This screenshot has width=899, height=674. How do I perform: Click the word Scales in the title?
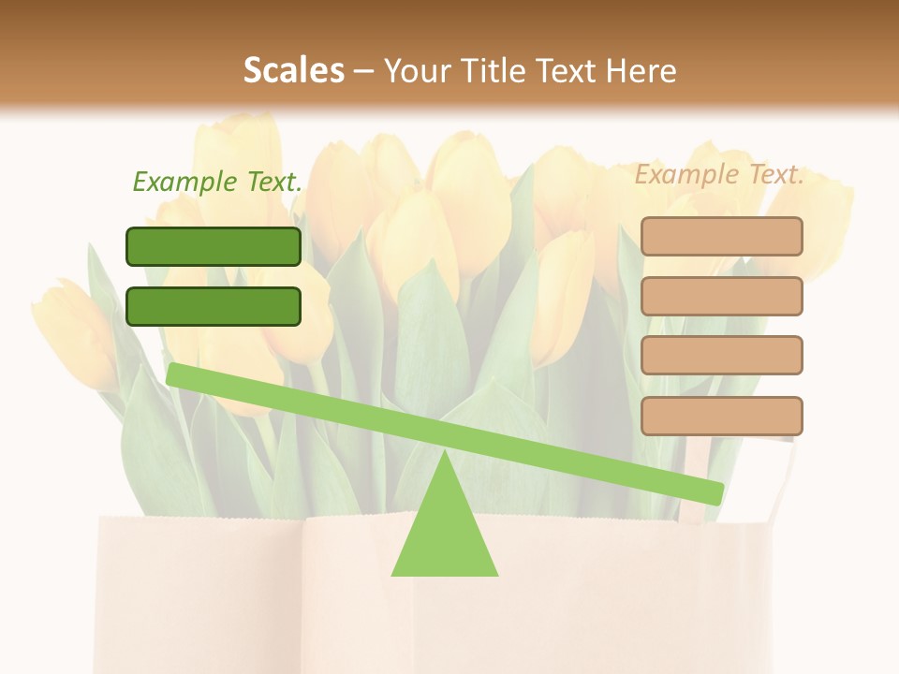293,70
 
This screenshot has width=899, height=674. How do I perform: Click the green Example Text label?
217,182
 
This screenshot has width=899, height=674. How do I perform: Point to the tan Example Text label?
719,175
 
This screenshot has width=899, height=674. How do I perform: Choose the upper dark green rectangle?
214,246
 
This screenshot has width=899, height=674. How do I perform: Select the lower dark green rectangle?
214,306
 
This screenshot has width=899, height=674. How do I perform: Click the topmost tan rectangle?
721,236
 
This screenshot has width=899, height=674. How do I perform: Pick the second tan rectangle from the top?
721,296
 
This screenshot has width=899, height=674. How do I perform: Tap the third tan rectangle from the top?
721,356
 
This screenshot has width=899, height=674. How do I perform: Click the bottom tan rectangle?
721,416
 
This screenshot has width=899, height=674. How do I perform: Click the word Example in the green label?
185,182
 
